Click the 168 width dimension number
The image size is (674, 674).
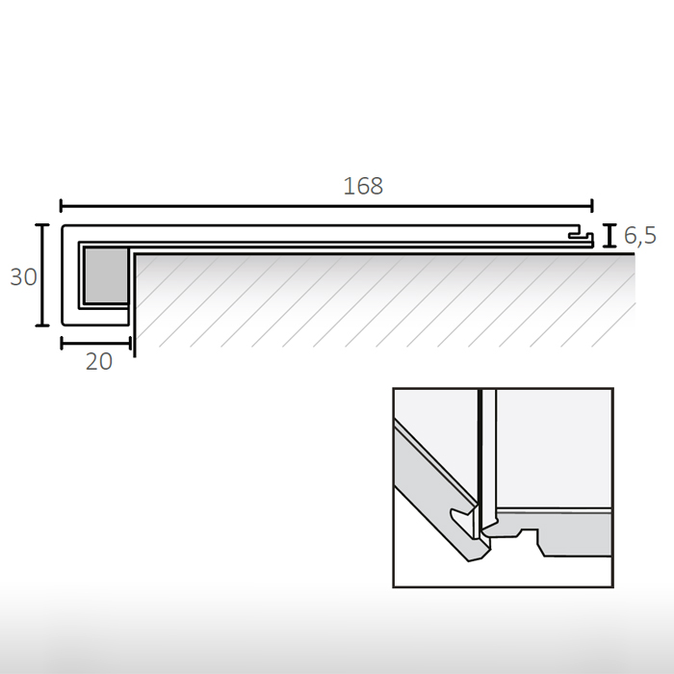(363, 186)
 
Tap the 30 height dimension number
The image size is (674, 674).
(23, 277)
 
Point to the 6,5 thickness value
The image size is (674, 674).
(639, 235)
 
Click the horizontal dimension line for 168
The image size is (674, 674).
(327, 205)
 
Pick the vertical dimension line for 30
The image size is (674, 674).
(42, 275)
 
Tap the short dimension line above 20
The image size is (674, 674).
(95, 341)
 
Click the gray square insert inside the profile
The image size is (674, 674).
(105, 275)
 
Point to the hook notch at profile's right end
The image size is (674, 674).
(580, 235)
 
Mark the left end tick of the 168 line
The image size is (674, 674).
(62, 205)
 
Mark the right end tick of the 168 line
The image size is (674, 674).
(592, 205)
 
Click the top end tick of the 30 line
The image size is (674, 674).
(42, 224)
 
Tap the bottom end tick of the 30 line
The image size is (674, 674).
(42, 326)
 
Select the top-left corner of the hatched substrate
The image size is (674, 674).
(134, 254)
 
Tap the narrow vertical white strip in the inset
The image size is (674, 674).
(486, 453)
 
